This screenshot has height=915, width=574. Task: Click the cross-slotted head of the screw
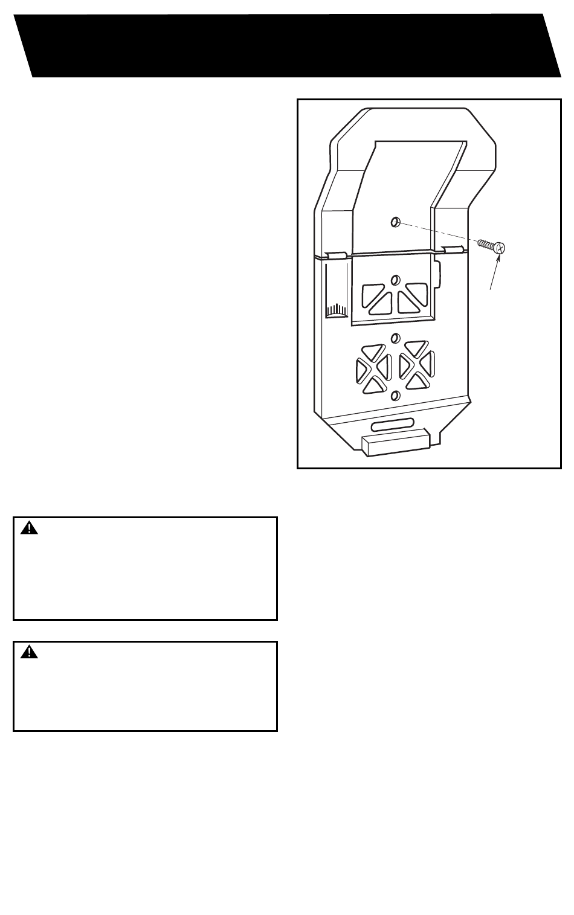498,247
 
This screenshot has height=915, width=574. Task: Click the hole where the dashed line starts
395,222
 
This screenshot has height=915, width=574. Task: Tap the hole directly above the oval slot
395,396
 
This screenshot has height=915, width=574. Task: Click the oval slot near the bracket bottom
393,424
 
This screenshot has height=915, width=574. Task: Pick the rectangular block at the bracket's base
395,443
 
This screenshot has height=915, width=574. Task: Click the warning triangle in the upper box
29,528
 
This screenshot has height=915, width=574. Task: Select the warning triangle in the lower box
29,652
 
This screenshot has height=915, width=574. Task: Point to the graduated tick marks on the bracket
335,310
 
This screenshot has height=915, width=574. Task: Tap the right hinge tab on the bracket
453,249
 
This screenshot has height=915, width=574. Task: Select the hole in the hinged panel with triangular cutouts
395,280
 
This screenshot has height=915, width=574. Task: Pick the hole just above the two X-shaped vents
395,338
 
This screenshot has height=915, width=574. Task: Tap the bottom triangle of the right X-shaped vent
416,381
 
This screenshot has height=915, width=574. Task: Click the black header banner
287,45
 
